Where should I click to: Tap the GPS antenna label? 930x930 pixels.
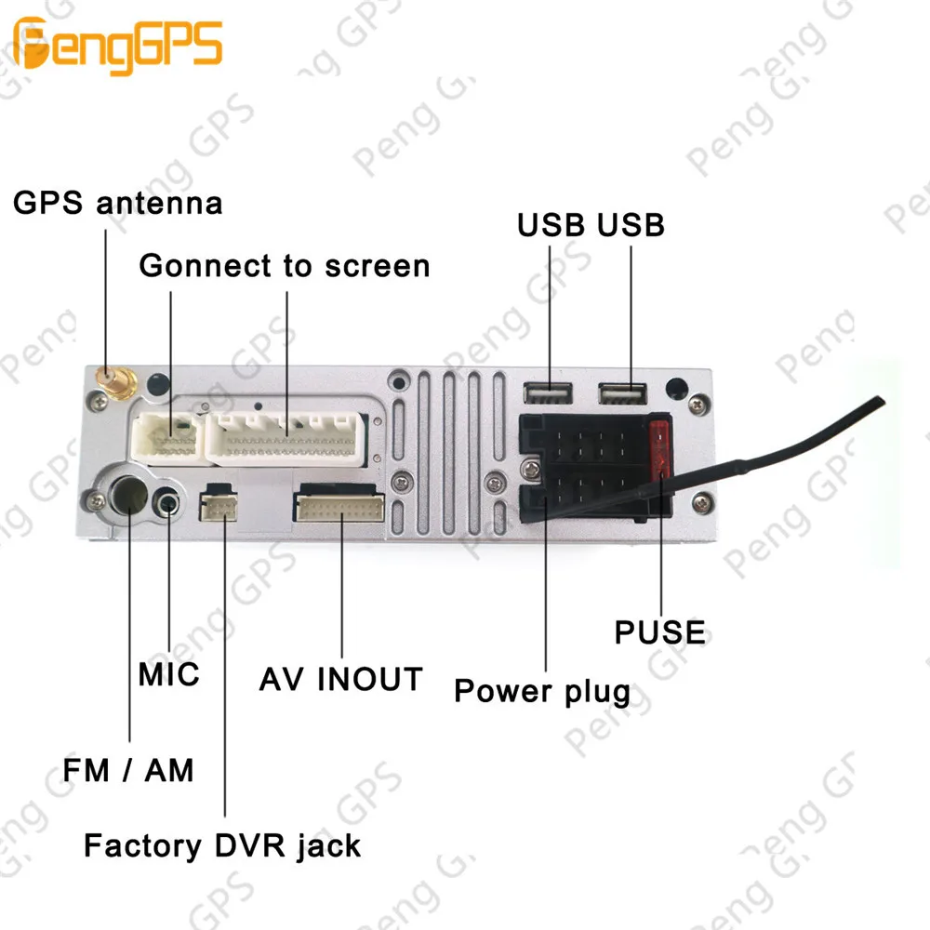coord(118,203)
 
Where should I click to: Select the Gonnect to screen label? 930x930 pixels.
coord(285,266)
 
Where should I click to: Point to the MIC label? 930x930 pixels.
coord(169,673)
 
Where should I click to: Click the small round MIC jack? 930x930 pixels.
coord(168,503)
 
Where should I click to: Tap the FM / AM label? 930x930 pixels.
coord(128,769)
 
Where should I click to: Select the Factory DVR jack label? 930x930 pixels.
coord(222,845)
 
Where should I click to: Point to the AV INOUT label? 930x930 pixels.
coord(340,679)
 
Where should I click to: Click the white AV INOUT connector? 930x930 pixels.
coord(339,507)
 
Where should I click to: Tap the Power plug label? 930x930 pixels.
coord(542,692)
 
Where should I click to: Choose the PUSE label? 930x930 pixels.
coord(660,632)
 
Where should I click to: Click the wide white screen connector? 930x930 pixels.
coord(286,437)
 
